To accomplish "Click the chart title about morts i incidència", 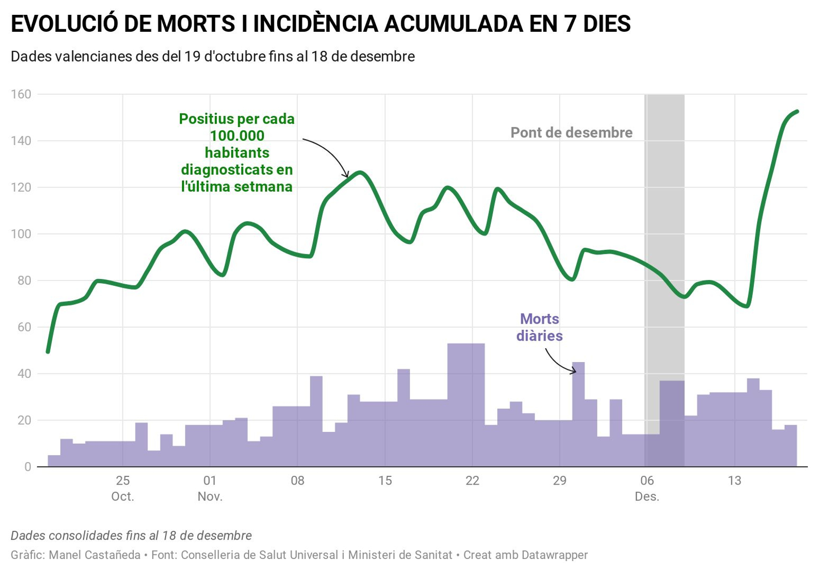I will point(320,24).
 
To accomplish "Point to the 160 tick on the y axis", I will point(21,94).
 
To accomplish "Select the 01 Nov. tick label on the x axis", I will point(210,488).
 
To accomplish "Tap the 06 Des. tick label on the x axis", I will point(647,488).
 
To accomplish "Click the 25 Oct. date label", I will point(122,488).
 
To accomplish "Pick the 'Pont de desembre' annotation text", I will point(571,133).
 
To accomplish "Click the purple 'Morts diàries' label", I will point(539,327).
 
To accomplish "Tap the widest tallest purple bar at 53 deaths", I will point(466,405).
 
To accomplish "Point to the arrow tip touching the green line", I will point(348,176).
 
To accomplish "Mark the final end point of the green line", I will point(797,111).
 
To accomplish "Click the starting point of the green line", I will point(48,352).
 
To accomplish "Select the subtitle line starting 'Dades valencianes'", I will point(213,56).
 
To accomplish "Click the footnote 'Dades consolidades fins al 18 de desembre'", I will point(131,535).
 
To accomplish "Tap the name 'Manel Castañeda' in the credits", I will point(94,555).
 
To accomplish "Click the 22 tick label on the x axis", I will point(472,481).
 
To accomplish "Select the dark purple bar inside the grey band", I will point(671,424).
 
